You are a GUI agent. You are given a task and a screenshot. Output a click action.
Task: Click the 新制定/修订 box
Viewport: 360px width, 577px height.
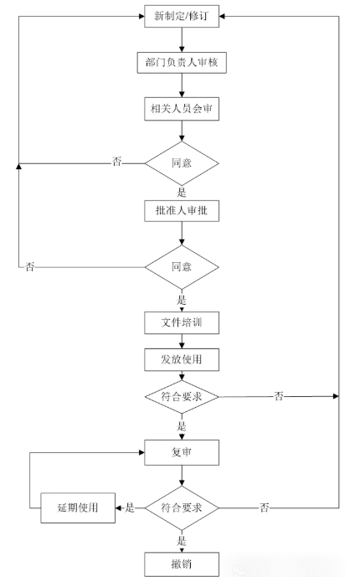(182, 16)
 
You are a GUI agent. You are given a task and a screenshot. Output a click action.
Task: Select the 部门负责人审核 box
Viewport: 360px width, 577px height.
(182, 62)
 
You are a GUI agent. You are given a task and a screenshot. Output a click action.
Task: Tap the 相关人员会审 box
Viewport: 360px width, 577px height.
(182, 109)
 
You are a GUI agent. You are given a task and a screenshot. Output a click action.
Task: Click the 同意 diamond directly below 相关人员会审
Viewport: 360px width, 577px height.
(182, 162)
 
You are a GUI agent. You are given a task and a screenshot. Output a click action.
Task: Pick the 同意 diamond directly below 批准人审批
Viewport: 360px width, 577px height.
(182, 267)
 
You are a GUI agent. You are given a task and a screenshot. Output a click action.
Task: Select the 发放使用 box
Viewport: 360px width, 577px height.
(182, 359)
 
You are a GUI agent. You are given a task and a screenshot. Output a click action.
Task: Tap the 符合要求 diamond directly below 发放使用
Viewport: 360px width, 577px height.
(182, 396)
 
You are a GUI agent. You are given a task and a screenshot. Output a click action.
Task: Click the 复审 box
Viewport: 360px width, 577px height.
(182, 453)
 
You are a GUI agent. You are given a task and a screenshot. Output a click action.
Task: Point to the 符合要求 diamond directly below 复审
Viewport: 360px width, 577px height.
(182, 507)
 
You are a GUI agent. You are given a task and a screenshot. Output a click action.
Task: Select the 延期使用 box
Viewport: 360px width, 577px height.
(78, 507)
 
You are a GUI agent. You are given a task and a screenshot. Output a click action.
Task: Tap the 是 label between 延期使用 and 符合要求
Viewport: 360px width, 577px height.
(130, 507)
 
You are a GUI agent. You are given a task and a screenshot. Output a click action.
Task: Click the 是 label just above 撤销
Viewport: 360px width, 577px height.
(182, 540)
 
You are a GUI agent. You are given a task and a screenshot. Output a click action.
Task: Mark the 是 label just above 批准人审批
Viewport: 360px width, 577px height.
(182, 192)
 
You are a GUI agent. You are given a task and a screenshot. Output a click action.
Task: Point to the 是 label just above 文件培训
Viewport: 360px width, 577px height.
(182, 299)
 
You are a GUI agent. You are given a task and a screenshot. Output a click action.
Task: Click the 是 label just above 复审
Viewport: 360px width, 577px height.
(182, 426)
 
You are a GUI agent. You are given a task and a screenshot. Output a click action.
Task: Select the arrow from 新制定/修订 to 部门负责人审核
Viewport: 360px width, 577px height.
(182, 39)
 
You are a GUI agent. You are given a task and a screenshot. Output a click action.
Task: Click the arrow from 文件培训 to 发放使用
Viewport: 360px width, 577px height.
(182, 341)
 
